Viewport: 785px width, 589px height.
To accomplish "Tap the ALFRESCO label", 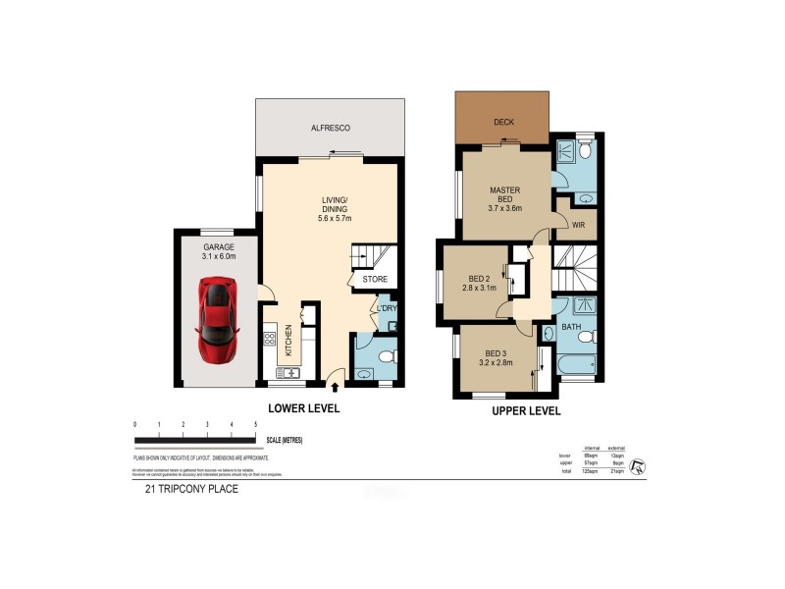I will (x=331, y=129).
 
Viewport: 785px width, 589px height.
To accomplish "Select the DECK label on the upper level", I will (x=503, y=123).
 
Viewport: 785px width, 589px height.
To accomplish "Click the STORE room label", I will (x=375, y=280).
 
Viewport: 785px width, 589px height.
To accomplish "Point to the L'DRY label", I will (x=387, y=309).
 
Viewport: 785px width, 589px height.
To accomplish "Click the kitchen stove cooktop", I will (x=268, y=340).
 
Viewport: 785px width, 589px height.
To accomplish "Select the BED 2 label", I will (x=478, y=277).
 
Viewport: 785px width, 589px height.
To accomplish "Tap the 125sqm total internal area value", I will (x=593, y=473).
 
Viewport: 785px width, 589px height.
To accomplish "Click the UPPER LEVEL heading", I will (x=525, y=412).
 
